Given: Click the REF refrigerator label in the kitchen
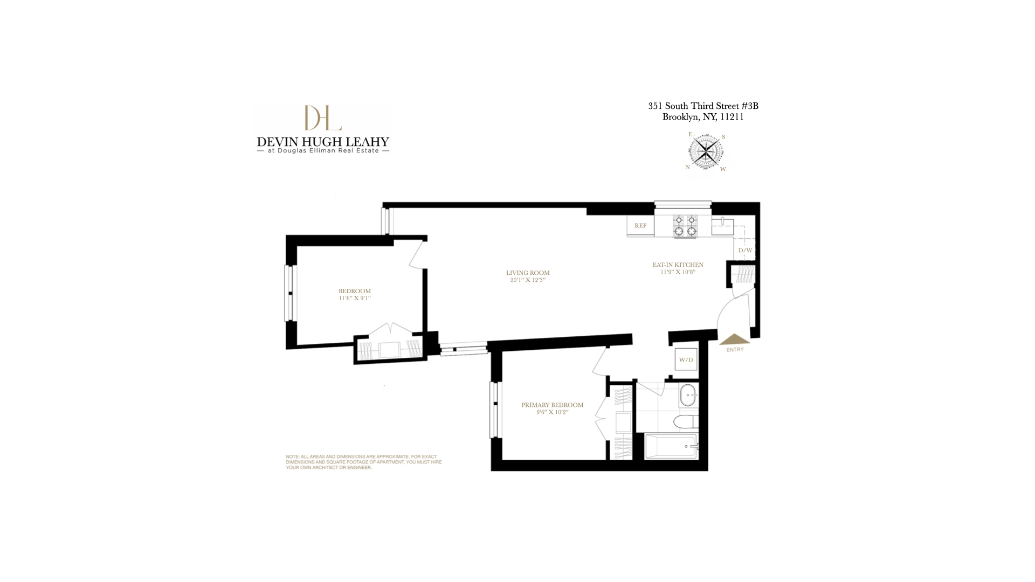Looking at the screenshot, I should point(640,226).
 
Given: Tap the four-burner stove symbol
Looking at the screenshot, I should point(685,226).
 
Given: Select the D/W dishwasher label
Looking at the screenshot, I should point(744,251).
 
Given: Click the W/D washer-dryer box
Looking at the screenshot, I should point(686,359).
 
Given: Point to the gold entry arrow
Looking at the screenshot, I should point(734,339).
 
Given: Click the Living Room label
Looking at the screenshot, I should point(527,273).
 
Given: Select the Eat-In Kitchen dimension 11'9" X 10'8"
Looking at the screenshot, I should point(678,272).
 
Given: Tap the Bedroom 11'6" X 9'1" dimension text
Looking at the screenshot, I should point(354,298).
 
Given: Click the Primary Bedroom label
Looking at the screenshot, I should point(552,405).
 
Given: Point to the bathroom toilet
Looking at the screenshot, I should point(687,421).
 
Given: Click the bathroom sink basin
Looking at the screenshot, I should point(688,396).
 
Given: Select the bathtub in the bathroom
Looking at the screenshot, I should point(671,446).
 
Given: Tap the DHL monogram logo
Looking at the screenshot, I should point(322,118).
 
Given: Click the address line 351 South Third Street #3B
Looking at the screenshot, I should point(702,106).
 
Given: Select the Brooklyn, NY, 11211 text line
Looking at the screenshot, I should point(702,117).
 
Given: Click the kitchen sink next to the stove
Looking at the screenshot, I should point(722,226).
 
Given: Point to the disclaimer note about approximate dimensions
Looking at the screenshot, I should point(363,462).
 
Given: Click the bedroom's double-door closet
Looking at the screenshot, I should point(389,348).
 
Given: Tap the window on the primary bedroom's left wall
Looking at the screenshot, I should point(494,410).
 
